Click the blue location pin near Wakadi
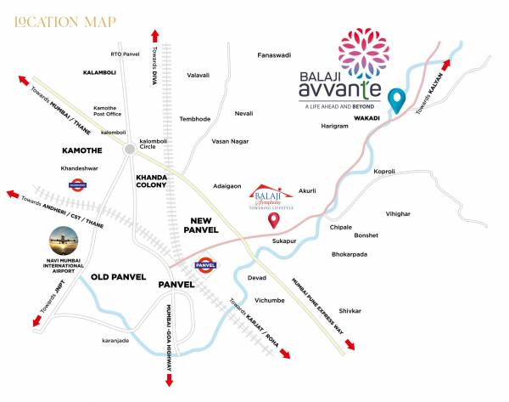pos(394,100)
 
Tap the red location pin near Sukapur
pos(274,221)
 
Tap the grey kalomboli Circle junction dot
pos(129,149)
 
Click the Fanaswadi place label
pos(274,55)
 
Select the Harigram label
pos(335,126)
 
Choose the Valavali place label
pos(198,75)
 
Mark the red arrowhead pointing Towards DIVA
pos(154,34)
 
